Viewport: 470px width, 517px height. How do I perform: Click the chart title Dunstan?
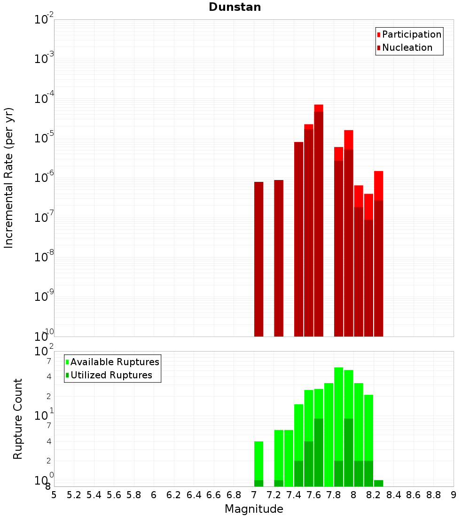click(x=235, y=7)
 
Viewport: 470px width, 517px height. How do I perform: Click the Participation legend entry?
click(x=411, y=34)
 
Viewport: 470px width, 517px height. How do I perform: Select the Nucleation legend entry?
click(x=407, y=47)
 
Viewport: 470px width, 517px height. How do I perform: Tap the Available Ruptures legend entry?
click(x=115, y=362)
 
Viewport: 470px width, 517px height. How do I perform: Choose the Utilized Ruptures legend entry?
click(x=111, y=375)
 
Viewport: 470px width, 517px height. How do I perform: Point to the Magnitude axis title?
click(x=254, y=509)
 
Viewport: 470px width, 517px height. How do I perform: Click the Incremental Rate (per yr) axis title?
click(x=9, y=178)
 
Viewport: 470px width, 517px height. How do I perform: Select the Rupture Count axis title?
click(x=18, y=419)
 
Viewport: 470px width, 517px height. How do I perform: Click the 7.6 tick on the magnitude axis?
click(x=313, y=495)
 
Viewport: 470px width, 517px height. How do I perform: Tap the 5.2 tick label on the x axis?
click(x=74, y=495)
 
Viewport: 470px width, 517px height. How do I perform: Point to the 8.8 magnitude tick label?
click(x=433, y=495)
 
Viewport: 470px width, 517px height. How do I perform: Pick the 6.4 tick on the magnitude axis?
click(x=194, y=495)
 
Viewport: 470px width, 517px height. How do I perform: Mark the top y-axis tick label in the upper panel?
click(x=44, y=20)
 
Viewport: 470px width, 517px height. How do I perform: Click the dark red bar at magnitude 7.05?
click(x=258, y=258)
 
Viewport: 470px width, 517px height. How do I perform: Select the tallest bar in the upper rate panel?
click(x=319, y=221)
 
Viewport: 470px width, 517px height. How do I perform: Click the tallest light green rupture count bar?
click(x=339, y=414)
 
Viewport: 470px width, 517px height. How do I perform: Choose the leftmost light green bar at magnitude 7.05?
click(x=258, y=461)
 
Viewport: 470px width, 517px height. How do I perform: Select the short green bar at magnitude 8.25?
click(x=379, y=483)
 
